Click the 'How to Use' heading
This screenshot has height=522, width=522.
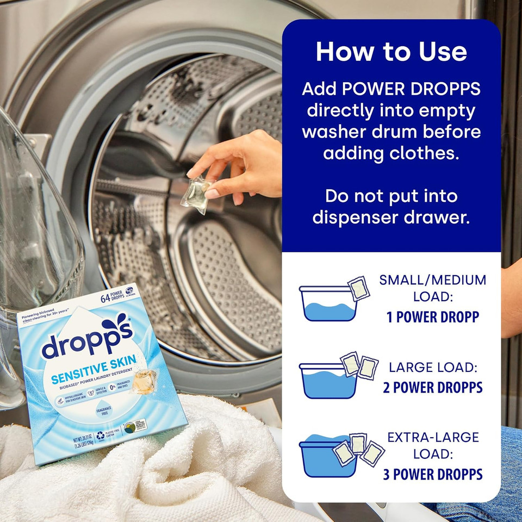tap(391, 52)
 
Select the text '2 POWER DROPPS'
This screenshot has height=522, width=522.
tap(432, 387)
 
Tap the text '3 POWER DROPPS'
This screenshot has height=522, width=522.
tap(432, 474)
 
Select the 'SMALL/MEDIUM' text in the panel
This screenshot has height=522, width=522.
tap(432, 281)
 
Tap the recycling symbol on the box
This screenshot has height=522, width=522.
tap(100, 436)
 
